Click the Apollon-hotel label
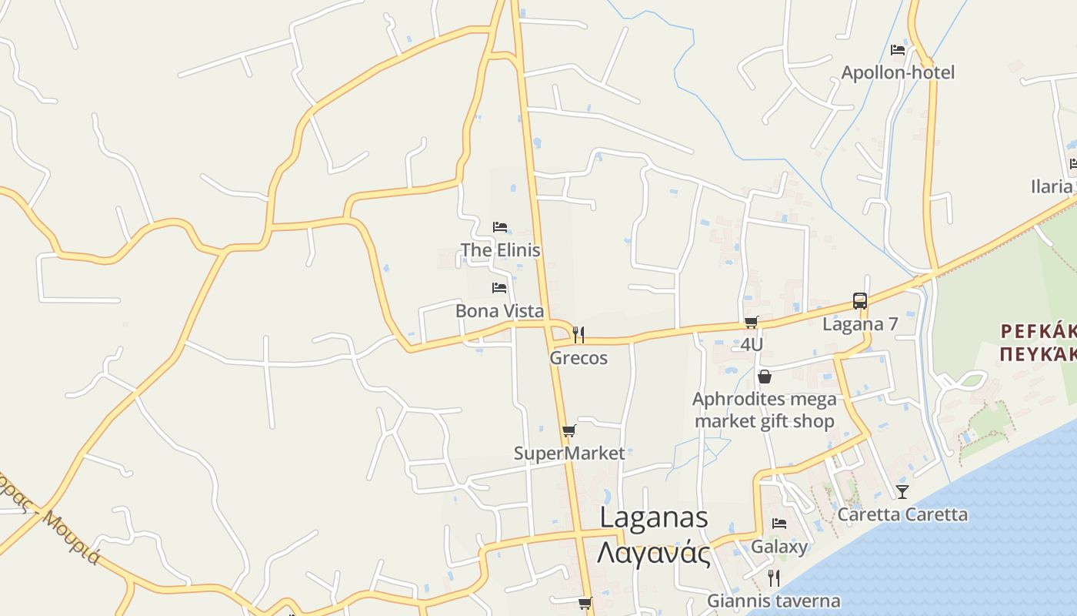(897, 72)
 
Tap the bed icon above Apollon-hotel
(897, 50)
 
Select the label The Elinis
(500, 250)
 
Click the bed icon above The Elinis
(500, 227)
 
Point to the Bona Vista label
(499, 311)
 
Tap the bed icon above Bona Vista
(499, 288)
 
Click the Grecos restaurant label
(578, 358)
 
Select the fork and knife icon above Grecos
(579, 335)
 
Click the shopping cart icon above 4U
(752, 323)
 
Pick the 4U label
(752, 344)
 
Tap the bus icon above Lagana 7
(860, 301)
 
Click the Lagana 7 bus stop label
(860, 324)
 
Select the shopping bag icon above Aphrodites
(765, 377)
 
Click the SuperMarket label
(569, 454)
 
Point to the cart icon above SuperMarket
(569, 431)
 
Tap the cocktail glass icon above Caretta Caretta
(902, 491)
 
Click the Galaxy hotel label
(779, 547)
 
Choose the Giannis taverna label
(774, 601)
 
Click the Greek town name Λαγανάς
(654, 552)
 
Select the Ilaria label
(1051, 186)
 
